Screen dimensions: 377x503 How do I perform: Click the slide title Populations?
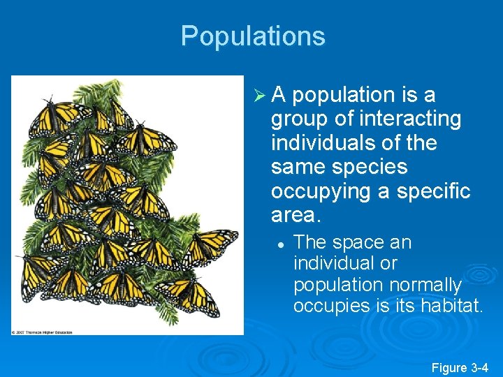[253, 36]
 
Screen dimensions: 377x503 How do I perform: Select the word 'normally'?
[427, 285]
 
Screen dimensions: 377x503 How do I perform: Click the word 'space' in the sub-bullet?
[356, 243]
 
